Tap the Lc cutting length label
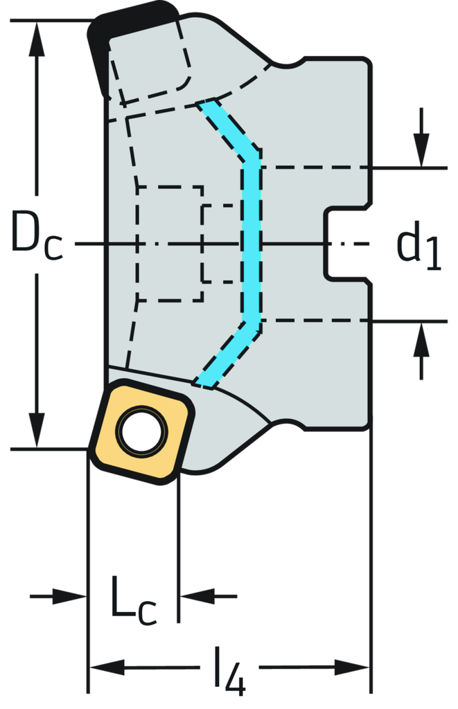tap(133, 596)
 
